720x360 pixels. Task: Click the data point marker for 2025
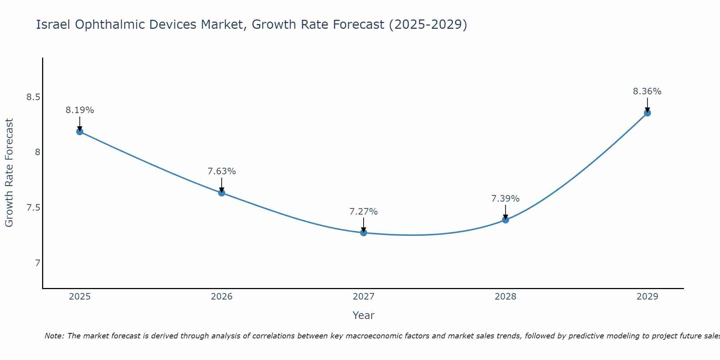tap(80, 131)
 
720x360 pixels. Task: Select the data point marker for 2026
tap(221, 193)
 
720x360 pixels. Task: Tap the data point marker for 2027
tap(363, 233)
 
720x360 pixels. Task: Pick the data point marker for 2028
tap(505, 220)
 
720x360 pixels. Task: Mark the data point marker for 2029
tap(647, 113)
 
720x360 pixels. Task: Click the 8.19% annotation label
tap(80, 110)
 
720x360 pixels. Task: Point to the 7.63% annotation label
tap(221, 171)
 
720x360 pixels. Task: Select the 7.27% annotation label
tap(363, 212)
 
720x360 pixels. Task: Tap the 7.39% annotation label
tap(505, 199)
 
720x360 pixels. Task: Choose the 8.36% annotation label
tap(647, 91)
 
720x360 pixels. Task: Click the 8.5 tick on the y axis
tap(33, 97)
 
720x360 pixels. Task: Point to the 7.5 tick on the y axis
tap(33, 208)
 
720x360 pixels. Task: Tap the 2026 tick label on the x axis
tap(221, 297)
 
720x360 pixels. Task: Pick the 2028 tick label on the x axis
tap(505, 297)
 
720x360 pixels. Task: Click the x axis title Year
tap(363, 315)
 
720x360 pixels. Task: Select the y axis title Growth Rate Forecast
tap(9, 173)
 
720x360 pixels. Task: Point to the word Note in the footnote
tap(54, 336)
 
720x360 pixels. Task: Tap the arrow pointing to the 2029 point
tap(647, 104)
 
